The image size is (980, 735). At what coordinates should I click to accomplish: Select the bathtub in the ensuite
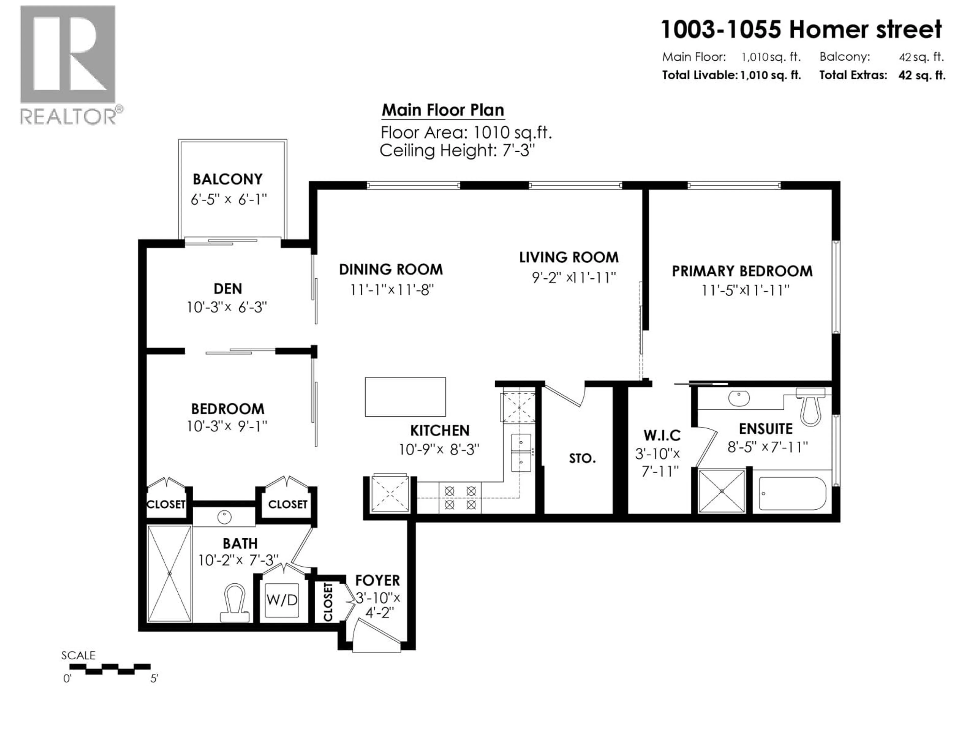(792, 494)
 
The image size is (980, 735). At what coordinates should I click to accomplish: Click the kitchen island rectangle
(405, 397)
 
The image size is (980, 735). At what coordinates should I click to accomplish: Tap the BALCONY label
(227, 179)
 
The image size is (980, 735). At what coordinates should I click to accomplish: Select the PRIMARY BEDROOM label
(742, 271)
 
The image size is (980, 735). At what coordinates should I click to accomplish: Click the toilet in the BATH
(234, 603)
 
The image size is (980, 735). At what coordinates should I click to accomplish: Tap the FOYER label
(377, 580)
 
